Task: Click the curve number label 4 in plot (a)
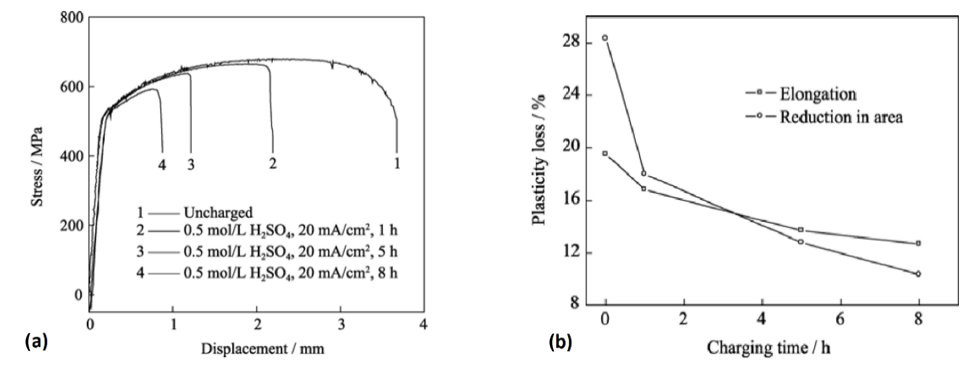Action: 162,165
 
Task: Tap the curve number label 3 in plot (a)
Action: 191,165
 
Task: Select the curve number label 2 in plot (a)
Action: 273,163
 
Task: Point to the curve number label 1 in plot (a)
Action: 397,163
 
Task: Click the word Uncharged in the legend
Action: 218,213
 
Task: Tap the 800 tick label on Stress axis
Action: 72,18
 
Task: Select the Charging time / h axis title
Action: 769,348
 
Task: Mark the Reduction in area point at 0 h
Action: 605,38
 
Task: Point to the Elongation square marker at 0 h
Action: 605,153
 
